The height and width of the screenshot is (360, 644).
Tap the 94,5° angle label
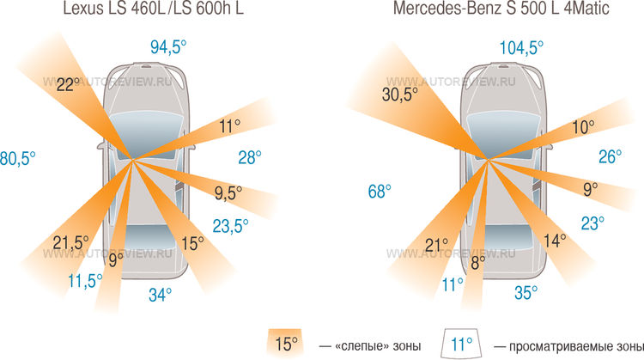pos(167,48)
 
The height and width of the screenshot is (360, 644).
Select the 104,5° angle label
pos(521,48)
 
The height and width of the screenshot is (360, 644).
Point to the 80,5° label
pos(16,158)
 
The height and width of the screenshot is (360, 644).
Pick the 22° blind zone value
pos(68,85)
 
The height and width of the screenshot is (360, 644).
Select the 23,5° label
pos(230,226)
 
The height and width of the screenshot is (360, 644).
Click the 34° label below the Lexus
pos(160,295)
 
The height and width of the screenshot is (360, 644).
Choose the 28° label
pos(249,156)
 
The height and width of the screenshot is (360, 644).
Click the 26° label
pos(610,156)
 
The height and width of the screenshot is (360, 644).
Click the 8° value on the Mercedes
pos(478,256)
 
